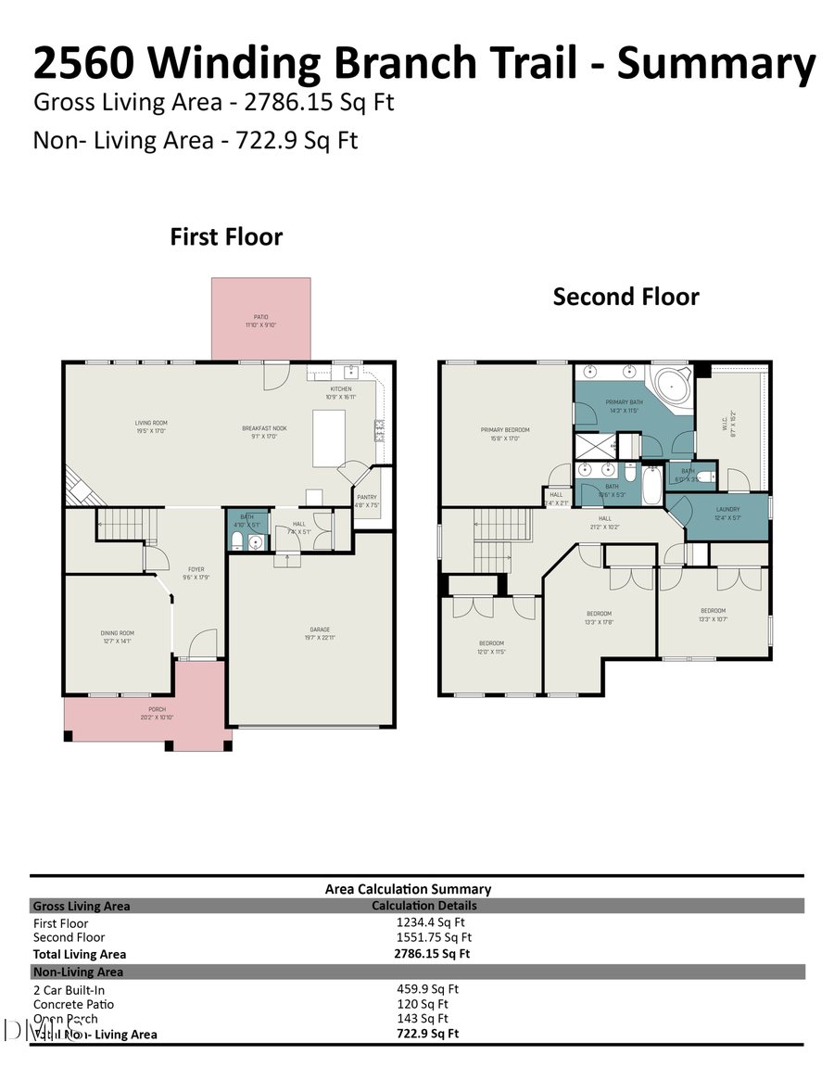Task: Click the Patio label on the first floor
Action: pyautogui.click(x=260, y=317)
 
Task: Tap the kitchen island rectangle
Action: pyautogui.click(x=328, y=438)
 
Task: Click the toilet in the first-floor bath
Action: pyautogui.click(x=236, y=540)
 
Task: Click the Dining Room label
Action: pyautogui.click(x=118, y=633)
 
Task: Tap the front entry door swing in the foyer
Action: pyautogui.click(x=203, y=643)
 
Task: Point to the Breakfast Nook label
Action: pyautogui.click(x=262, y=428)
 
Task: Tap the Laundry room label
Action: pyautogui.click(x=727, y=509)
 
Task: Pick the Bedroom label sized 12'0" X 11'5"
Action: pyautogui.click(x=491, y=643)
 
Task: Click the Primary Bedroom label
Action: pyautogui.click(x=505, y=430)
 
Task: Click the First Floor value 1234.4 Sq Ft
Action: pyautogui.click(x=431, y=922)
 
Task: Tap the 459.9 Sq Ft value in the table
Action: pyautogui.click(x=427, y=989)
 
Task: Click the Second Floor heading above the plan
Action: pyautogui.click(x=625, y=297)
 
